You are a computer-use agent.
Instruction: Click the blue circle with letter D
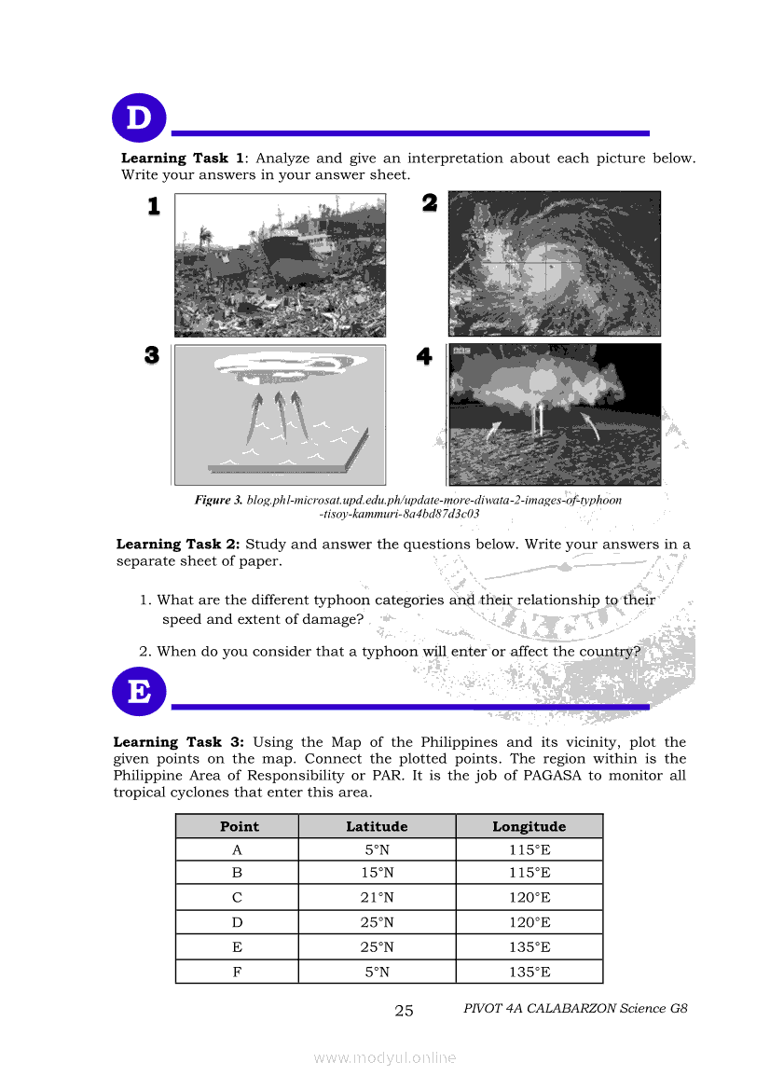pyautogui.click(x=138, y=119)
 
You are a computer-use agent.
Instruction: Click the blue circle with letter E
pyautogui.click(x=138, y=693)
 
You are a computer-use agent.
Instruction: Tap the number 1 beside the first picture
pyautogui.click(x=154, y=206)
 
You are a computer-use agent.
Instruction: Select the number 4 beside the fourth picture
pyautogui.click(x=425, y=356)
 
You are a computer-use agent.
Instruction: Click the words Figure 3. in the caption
pyautogui.click(x=218, y=501)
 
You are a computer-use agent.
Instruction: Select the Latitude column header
pyautogui.click(x=377, y=826)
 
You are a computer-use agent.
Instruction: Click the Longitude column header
pyautogui.click(x=529, y=826)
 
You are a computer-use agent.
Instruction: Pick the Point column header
pyautogui.click(x=239, y=826)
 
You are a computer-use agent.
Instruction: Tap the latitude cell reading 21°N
pyautogui.click(x=377, y=898)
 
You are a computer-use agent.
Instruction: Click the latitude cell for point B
pyautogui.click(x=377, y=873)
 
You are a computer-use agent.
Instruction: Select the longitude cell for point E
pyautogui.click(x=529, y=947)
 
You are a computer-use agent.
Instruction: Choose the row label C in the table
pyautogui.click(x=237, y=898)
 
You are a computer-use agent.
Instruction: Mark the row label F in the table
pyautogui.click(x=237, y=972)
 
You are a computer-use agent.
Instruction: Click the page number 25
pyautogui.click(x=404, y=1011)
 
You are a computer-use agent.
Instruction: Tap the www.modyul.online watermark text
pyautogui.click(x=384, y=1057)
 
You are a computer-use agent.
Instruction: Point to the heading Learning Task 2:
pyautogui.click(x=178, y=545)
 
